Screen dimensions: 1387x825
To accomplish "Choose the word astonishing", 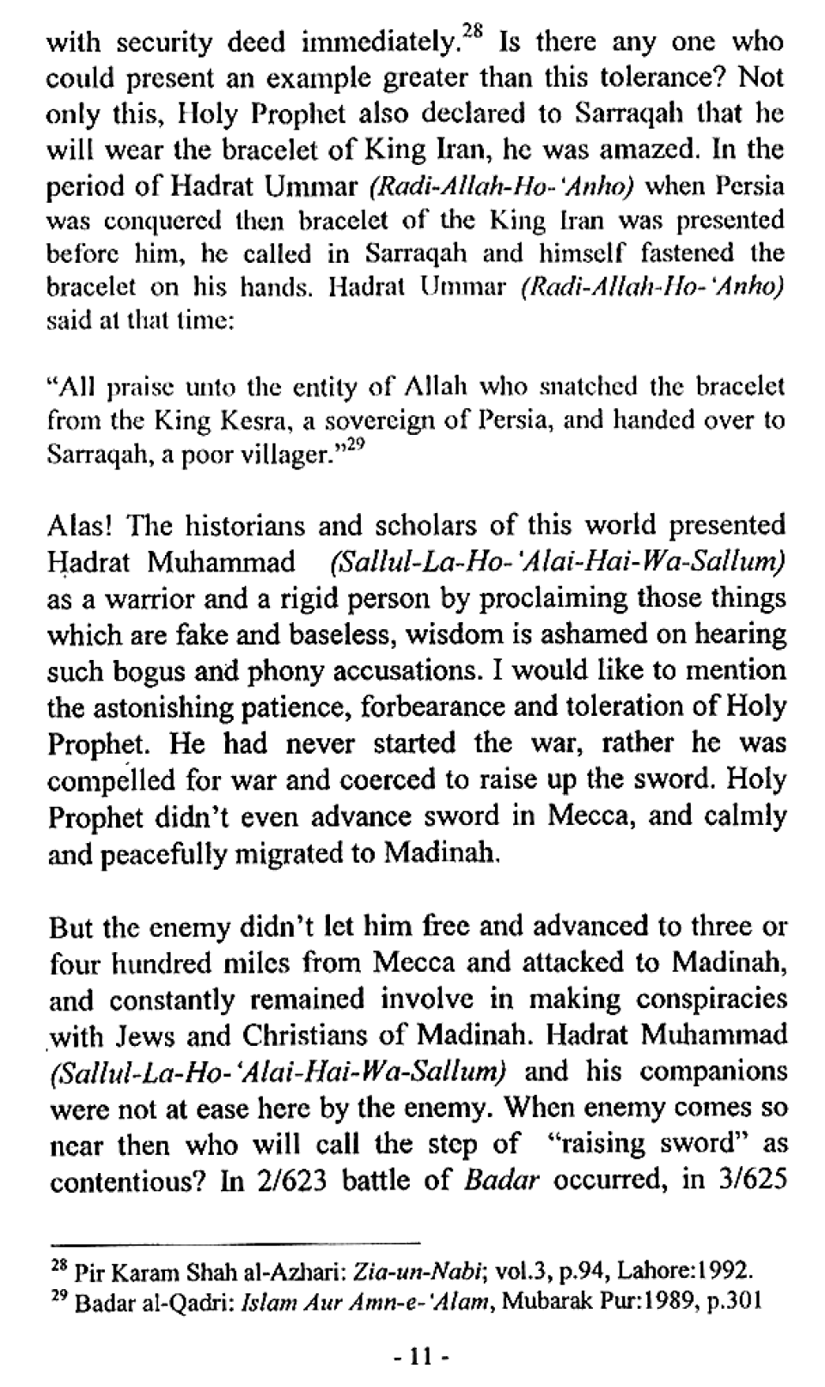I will click(x=171, y=707).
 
